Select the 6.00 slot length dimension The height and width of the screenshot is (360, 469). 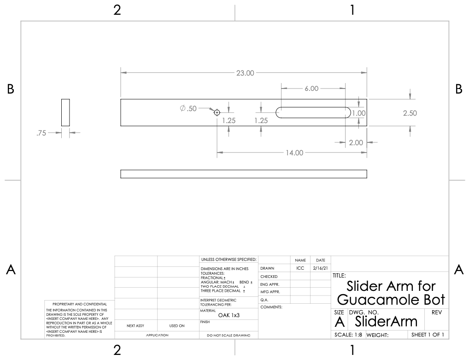pyautogui.click(x=311, y=89)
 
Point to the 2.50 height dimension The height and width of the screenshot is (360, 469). pyautogui.click(x=410, y=113)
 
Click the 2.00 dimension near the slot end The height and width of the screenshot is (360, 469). pyautogui.click(x=356, y=143)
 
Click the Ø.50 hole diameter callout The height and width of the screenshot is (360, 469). pyautogui.click(x=188, y=108)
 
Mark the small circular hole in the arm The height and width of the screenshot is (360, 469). pyautogui.click(x=217, y=112)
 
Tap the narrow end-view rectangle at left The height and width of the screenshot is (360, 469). pyautogui.click(x=65, y=112)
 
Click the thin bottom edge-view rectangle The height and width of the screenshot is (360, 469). pyautogui.click(x=244, y=174)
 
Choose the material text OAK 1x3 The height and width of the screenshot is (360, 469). pyautogui.click(x=229, y=315)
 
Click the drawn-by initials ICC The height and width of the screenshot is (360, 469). pyautogui.click(x=300, y=268)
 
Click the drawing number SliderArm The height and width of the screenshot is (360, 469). pyautogui.click(x=386, y=321)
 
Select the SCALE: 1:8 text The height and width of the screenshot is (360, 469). pyautogui.click(x=348, y=335)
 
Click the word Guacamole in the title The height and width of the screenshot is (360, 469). pyautogui.click(x=375, y=300)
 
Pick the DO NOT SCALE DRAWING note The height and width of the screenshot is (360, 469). pyautogui.click(x=229, y=335)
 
